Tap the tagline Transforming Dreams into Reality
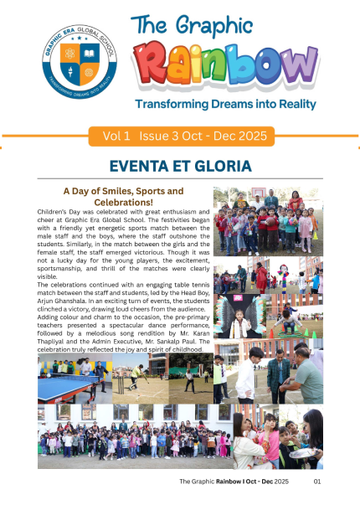pos(224,105)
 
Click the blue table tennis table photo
pos(74,378)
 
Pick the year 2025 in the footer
pos(280,482)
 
